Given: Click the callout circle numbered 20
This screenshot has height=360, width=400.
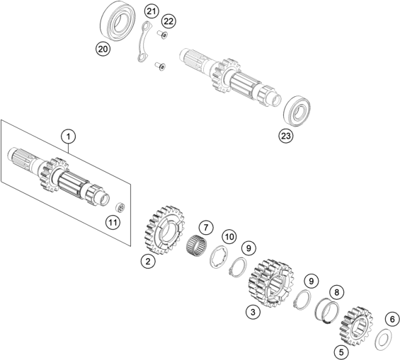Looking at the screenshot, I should (x=103, y=49).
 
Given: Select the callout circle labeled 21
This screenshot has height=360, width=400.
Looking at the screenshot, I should (x=152, y=11).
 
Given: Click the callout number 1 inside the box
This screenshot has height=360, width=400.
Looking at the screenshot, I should (x=68, y=136).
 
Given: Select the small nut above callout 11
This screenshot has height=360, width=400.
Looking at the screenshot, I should (x=120, y=207).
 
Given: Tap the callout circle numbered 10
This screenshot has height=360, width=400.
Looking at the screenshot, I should (x=228, y=236).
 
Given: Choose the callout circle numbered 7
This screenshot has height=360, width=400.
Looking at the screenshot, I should (x=205, y=228).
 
